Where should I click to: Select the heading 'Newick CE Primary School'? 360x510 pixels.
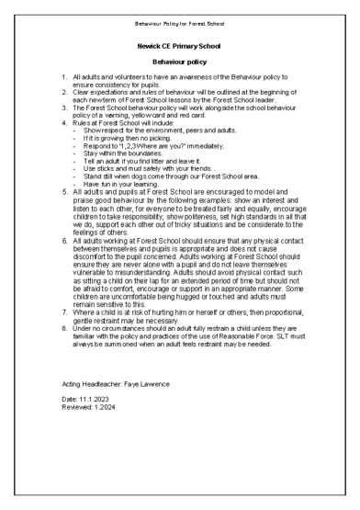(x=179, y=43)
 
